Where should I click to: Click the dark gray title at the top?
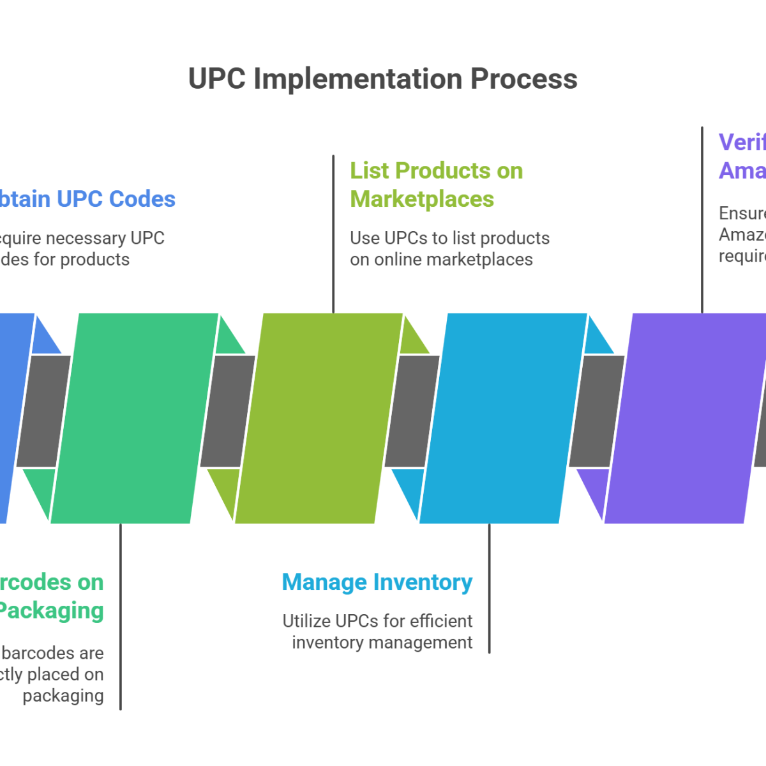point(383,83)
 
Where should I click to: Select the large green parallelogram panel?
point(134,418)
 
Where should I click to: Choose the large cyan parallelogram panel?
point(503,418)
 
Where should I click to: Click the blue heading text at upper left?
point(83,203)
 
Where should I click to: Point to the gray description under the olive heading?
point(447,248)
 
